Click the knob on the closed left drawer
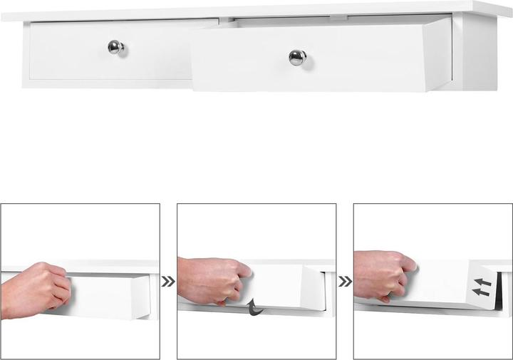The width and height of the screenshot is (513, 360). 116,48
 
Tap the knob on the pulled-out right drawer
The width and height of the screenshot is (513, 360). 297,57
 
